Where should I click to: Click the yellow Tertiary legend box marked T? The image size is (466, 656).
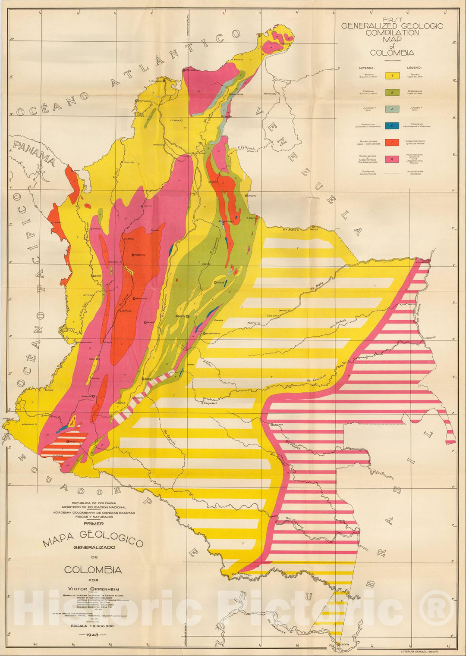(x=392, y=76)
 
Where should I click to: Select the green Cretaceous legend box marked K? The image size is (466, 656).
(x=392, y=92)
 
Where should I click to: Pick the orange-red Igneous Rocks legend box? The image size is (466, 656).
(x=392, y=142)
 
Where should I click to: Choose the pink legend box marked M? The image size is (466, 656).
(x=392, y=159)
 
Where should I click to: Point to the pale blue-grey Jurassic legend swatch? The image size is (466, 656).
(x=392, y=109)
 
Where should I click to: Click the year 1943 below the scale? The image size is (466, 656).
(x=93, y=635)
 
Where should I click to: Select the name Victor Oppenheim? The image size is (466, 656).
(x=93, y=589)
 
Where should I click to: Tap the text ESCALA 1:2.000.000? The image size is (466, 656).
(x=93, y=626)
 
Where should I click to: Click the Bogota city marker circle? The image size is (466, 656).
(x=188, y=316)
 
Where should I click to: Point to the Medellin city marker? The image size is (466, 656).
(x=133, y=255)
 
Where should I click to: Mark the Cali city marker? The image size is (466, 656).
(x=97, y=359)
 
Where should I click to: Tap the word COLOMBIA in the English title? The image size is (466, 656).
(x=392, y=53)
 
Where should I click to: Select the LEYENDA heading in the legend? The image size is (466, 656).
(x=367, y=68)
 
